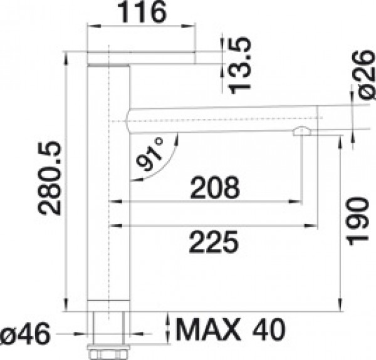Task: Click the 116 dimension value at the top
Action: (143, 13)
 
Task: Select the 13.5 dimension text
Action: (239, 65)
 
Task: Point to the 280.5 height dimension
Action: (50, 178)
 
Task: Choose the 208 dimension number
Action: (215, 188)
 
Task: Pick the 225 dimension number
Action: (214, 242)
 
